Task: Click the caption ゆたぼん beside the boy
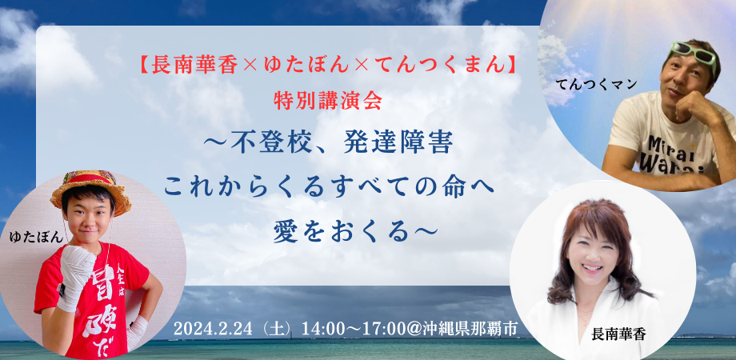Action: coord(37,238)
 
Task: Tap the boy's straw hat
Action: coord(91,190)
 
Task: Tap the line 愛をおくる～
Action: coord(355,234)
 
